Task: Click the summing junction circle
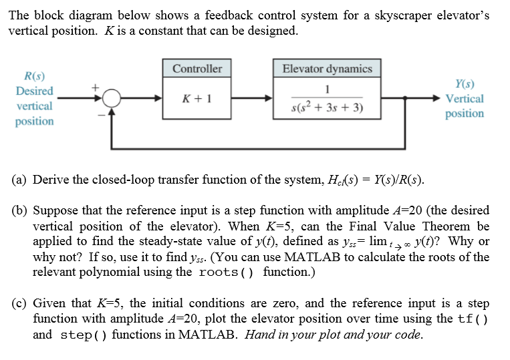tap(112, 98)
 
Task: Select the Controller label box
tap(197, 69)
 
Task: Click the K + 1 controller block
tap(197, 99)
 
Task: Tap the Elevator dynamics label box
tap(327, 69)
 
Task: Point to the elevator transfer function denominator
tap(328, 109)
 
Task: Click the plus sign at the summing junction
tap(95, 87)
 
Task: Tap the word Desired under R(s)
tap(35, 91)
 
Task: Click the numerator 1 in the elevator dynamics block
tap(327, 89)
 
